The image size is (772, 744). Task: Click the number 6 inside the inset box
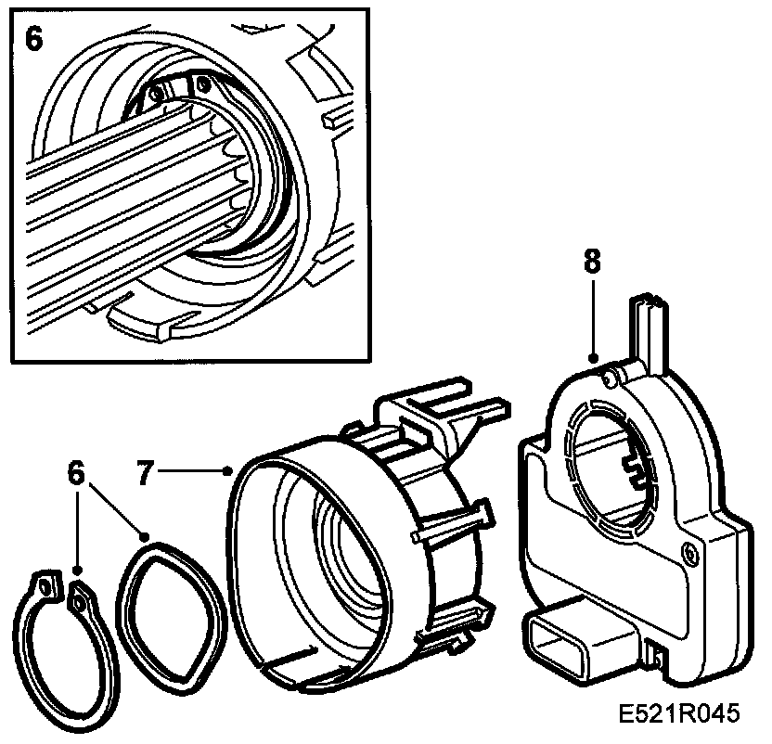33,42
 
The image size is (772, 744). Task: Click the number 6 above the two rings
76,472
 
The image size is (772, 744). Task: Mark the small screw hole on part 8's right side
687,554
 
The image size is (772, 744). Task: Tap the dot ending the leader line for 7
229,471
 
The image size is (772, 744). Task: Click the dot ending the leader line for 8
592,356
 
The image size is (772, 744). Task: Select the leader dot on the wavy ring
145,535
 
